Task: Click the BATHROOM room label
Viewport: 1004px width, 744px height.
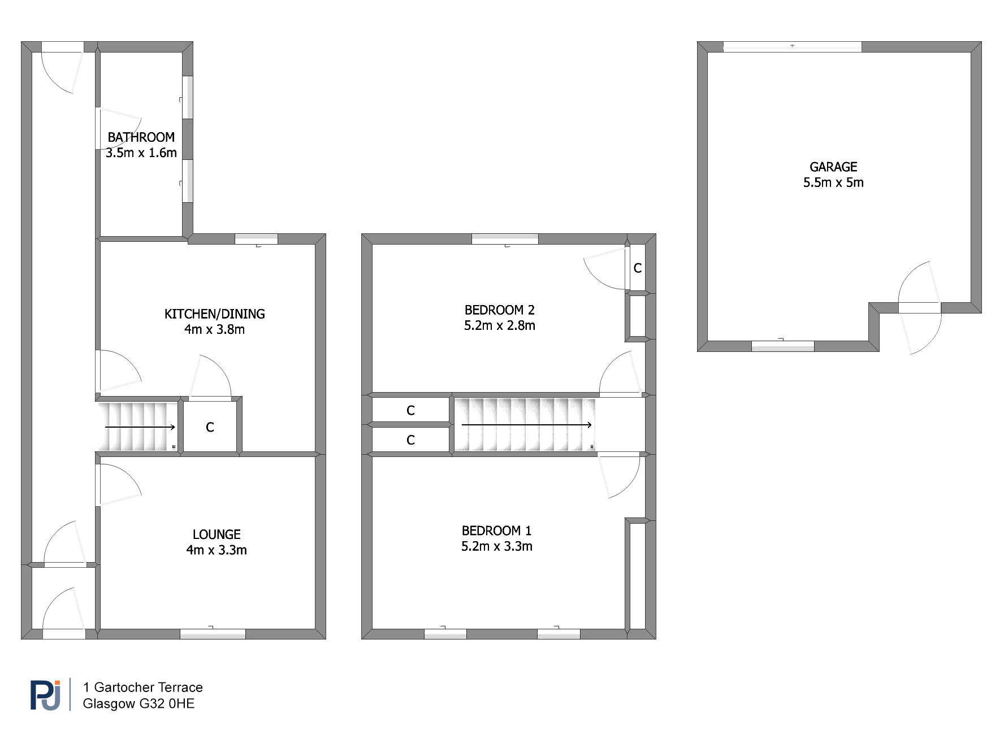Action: point(141,137)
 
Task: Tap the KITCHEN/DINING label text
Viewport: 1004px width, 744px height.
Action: point(215,314)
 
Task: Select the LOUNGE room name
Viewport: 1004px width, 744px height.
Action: point(217,534)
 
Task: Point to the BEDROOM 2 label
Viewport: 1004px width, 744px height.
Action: point(500,310)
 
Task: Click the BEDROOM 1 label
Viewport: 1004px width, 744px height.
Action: point(497,531)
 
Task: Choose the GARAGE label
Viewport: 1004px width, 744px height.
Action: point(833,167)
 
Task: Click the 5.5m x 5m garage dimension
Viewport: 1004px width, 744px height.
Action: point(833,182)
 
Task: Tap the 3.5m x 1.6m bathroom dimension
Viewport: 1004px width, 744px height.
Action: point(141,153)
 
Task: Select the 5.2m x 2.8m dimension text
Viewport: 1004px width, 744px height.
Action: point(500,325)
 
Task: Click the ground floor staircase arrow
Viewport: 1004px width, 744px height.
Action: point(140,428)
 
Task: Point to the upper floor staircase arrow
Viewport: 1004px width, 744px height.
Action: point(527,425)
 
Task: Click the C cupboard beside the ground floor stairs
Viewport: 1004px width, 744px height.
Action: point(210,428)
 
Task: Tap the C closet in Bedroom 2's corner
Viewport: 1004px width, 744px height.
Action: point(638,268)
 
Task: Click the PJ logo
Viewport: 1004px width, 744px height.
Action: point(45,695)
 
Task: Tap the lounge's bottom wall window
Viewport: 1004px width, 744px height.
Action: point(213,634)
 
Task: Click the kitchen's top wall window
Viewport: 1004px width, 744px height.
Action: point(256,239)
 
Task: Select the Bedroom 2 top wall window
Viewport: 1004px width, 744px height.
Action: point(505,239)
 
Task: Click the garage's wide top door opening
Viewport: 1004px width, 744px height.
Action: point(792,47)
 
